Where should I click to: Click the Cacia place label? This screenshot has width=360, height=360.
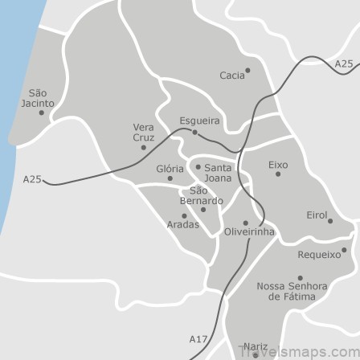(231, 76)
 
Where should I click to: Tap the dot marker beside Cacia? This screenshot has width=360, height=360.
(247, 70)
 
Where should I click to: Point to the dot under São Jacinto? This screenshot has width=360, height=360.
(42, 112)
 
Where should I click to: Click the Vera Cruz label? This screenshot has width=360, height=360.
(143, 132)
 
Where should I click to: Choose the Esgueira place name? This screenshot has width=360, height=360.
(199, 121)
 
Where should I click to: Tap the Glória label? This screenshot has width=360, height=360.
(170, 169)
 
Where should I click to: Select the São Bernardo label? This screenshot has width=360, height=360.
(201, 195)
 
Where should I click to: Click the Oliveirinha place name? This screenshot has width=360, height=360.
(249, 232)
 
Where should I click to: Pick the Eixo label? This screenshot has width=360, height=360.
(277, 164)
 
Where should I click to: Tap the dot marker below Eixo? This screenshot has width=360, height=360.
(278, 174)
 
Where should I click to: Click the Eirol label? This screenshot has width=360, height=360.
(317, 215)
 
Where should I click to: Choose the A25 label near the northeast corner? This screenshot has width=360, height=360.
(343, 63)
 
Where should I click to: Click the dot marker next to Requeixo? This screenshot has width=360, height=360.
(343, 250)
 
